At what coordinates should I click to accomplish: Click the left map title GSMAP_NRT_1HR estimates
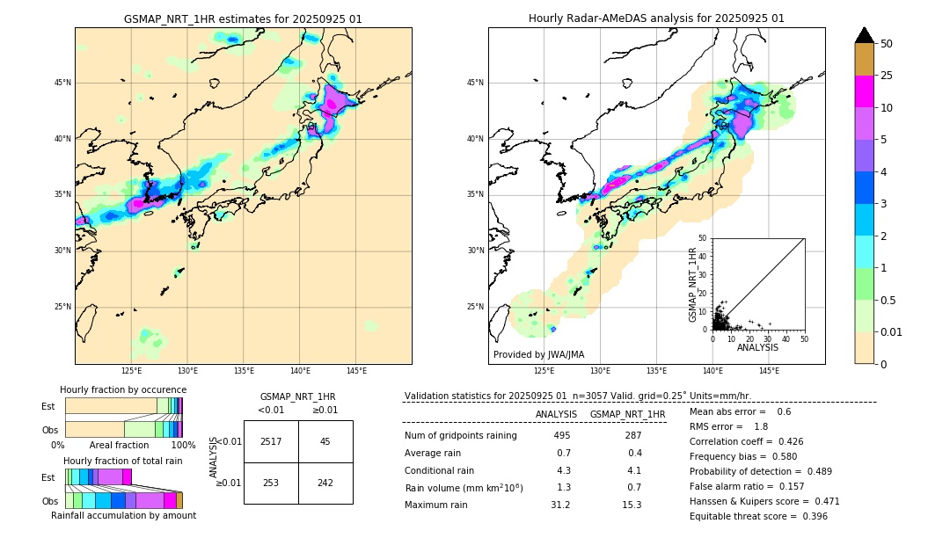tap(243, 18)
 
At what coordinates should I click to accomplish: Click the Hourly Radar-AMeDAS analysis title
tap(656, 18)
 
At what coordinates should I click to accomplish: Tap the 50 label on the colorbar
tap(887, 44)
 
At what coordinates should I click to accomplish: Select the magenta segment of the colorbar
tap(864, 91)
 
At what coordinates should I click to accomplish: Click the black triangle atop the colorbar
tap(864, 35)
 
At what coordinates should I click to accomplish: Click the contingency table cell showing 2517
tap(271, 441)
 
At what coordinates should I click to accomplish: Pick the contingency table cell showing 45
tap(325, 441)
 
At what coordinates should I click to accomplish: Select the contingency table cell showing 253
tap(271, 483)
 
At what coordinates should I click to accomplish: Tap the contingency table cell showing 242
tap(325, 483)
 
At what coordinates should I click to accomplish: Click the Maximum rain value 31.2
tap(560, 505)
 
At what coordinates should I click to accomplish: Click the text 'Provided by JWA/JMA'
tap(538, 354)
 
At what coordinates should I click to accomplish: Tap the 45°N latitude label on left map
tap(62, 83)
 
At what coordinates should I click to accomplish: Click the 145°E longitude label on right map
tap(769, 371)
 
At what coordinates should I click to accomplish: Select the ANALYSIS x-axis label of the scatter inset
tap(757, 347)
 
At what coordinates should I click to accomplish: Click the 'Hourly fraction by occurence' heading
tap(123, 389)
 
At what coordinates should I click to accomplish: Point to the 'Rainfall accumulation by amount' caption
tap(123, 515)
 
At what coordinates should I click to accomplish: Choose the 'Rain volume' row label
tap(464, 487)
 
